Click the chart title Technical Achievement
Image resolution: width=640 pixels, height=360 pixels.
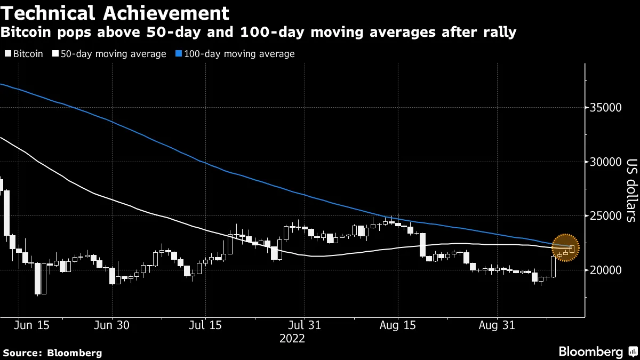(115, 13)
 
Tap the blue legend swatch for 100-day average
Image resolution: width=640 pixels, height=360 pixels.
(180, 54)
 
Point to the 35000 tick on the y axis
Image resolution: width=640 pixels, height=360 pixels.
(606, 108)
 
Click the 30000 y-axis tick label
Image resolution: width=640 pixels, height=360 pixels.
(606, 162)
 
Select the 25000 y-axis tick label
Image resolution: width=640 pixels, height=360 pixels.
(606, 216)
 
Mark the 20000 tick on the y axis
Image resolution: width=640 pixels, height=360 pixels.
(606, 270)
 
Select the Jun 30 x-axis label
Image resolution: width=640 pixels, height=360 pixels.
(112, 325)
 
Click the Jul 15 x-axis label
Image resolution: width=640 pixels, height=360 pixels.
(205, 325)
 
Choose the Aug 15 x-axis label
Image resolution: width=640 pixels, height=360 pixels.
(398, 325)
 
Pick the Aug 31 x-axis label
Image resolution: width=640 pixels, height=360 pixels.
(497, 325)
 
